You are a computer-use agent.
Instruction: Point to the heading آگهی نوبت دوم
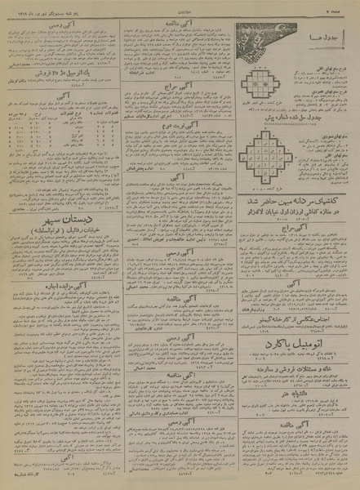coord(183,149)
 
